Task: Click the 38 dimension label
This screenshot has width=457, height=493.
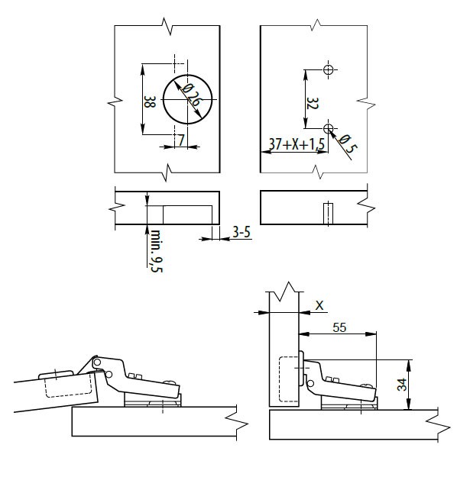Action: pyautogui.click(x=150, y=101)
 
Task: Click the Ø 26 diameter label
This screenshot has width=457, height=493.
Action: pyautogui.click(x=191, y=95)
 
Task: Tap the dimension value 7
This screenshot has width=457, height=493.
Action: pyautogui.click(x=180, y=140)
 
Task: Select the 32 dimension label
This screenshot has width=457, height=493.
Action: pyautogui.click(x=313, y=103)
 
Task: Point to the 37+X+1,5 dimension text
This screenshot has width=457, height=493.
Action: pyautogui.click(x=297, y=144)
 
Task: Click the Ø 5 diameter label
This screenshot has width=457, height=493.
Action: pyautogui.click(x=348, y=143)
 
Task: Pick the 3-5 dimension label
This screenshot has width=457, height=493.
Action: pyautogui.click(x=241, y=232)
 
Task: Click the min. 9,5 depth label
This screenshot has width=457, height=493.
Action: pyautogui.click(x=156, y=251)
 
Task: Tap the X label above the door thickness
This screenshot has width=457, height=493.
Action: pyautogui.click(x=319, y=305)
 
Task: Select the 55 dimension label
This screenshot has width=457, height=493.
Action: pyautogui.click(x=339, y=327)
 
